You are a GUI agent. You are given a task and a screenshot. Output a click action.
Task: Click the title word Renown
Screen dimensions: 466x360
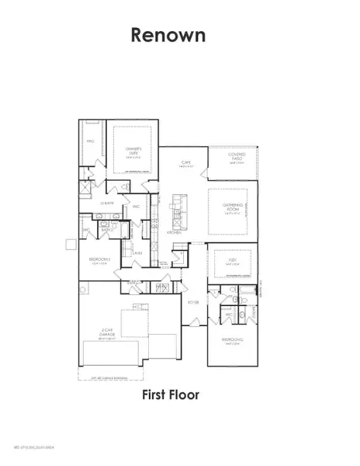(169, 35)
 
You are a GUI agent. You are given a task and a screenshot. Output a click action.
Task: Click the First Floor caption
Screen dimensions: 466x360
(170, 395)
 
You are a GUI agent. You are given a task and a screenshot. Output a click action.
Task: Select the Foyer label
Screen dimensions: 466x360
(194, 301)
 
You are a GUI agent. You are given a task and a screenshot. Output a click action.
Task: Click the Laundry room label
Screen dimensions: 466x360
(137, 253)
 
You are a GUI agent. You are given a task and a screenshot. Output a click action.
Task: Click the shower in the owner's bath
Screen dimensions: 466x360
(87, 188)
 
